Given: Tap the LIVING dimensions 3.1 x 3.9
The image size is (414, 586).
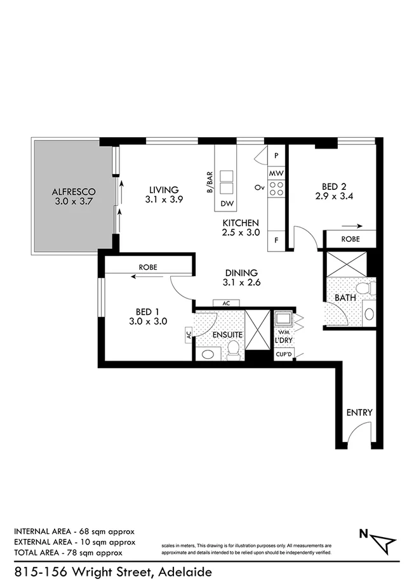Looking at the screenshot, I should tap(164, 199).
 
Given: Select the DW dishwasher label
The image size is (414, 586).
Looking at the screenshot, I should tap(226, 204).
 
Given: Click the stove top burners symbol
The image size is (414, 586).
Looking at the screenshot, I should tap(276, 187).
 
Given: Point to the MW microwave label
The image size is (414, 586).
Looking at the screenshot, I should tap(276, 173).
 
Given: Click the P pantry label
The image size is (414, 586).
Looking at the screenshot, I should tap(276, 155).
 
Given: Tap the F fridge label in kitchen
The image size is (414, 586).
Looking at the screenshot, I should tap(276, 240).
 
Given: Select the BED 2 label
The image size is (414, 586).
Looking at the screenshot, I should tap(333, 187).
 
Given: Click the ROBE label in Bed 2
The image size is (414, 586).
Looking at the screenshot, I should tap(351, 239).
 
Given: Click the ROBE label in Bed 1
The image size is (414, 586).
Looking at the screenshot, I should tap(148, 267).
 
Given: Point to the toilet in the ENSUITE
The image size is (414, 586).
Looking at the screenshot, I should tap(233, 349).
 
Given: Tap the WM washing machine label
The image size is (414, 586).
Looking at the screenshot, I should tap(281, 331).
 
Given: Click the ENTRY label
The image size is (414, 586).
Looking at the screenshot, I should tap(359, 413).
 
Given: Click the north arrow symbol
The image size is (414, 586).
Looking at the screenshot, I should tap(382, 542).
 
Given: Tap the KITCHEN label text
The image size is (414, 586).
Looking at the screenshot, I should tap(240, 223).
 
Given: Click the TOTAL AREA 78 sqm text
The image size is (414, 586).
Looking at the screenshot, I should tap(74, 553).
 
